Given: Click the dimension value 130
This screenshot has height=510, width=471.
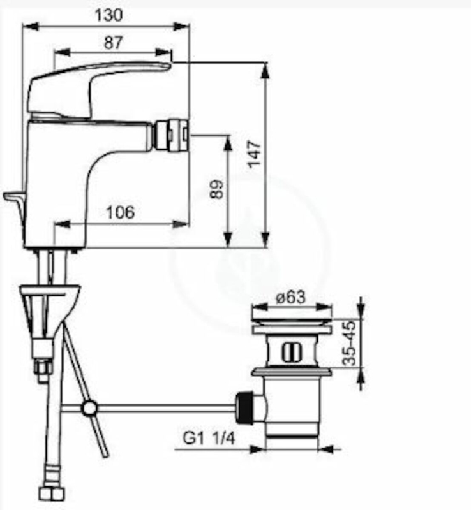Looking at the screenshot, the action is point(108,15).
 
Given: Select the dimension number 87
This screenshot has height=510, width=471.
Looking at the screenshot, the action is point(113,43).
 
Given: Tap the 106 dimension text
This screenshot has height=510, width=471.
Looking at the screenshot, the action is point(120,212).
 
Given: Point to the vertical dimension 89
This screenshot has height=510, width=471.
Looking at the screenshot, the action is point(216,189).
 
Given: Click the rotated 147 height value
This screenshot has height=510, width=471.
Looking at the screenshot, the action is point(254,154).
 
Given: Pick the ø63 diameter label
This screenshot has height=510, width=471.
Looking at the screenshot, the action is point(290,297).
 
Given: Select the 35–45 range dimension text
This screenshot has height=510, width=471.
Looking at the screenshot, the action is point(350,343).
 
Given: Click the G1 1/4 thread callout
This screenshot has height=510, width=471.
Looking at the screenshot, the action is point(209,439).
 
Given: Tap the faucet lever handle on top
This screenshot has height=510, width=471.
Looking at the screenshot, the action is point(98,88).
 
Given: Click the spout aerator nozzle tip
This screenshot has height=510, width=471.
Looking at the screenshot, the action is point(172,135).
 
